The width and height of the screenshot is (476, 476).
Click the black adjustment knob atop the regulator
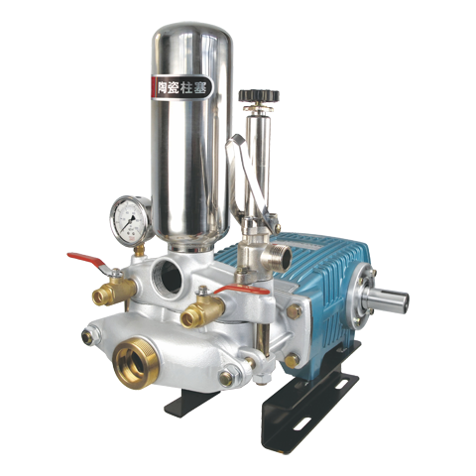[259, 95]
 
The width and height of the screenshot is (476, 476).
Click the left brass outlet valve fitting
[110, 294]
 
